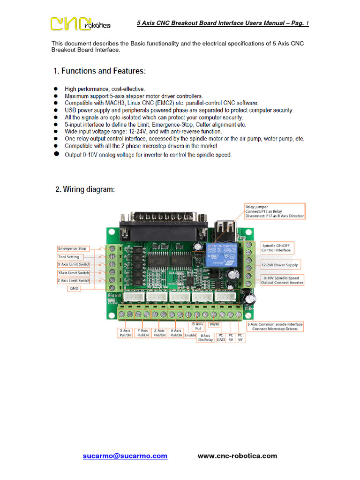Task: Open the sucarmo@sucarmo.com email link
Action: coord(125,456)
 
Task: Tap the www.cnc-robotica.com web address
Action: coord(237,456)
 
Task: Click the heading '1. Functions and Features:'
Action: coord(99,71)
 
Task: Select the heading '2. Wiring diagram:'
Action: coord(85,189)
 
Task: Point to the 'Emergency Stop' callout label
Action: coord(72,248)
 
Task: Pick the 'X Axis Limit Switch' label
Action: coord(74,265)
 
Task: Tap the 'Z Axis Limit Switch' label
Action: coord(74,280)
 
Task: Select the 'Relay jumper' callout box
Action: coord(274,211)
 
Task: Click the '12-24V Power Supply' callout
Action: coord(279,265)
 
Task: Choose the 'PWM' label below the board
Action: coord(214,324)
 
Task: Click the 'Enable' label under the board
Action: coord(190,336)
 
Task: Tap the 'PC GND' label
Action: coord(221,337)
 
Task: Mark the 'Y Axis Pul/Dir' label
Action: coord(143,333)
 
